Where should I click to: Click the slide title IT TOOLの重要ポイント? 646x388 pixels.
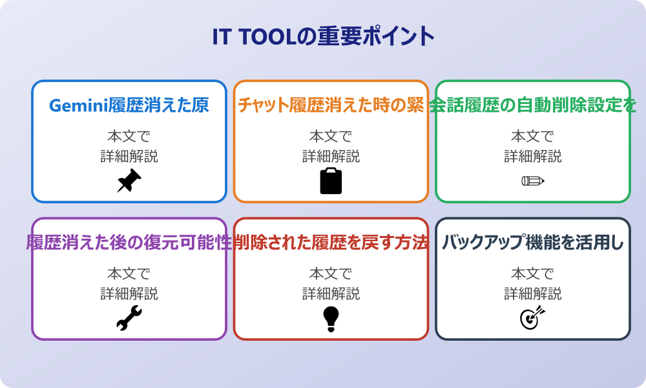pos(323,36)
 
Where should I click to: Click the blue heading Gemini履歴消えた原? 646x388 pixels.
pos(129,105)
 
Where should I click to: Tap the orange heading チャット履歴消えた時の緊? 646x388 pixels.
pos(331,105)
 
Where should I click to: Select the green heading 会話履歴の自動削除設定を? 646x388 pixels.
pos(532,105)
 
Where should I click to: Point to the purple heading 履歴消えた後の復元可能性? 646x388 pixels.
pos(129,242)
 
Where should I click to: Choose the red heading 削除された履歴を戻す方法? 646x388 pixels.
pos(331,242)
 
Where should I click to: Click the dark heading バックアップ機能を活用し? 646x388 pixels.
pos(532,242)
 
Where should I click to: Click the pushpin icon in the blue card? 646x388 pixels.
pos(129,180)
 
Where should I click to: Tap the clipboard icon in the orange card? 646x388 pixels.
pos(331,180)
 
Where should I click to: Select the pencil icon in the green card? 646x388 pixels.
pos(532,180)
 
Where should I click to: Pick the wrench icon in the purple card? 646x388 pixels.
pos(129,318)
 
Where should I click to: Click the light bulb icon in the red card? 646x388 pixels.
pos(331,318)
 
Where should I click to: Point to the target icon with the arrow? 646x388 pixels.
pos(532,318)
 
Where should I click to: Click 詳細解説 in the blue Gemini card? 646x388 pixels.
pos(129,156)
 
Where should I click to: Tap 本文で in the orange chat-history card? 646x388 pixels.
pos(331,136)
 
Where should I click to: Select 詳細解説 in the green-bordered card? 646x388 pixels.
pos(532,156)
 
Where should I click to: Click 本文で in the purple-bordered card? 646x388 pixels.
pos(129,274)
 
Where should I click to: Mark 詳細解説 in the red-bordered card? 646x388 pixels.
pos(331,294)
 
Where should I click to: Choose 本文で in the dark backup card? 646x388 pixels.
pos(532,274)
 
